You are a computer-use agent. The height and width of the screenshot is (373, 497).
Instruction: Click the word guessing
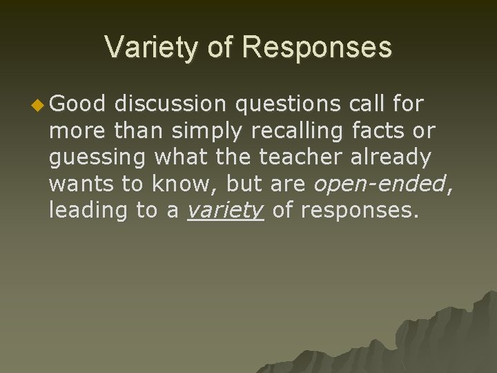pyautogui.click(x=97, y=158)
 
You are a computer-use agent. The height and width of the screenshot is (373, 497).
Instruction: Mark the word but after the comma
pyautogui.click(x=231, y=184)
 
